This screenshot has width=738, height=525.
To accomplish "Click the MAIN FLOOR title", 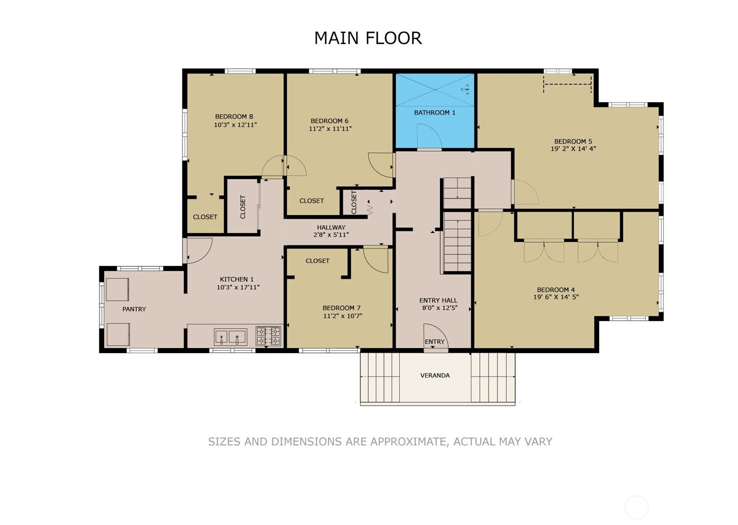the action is click(x=368, y=38).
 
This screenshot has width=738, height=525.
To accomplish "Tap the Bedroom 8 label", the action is click(x=234, y=117).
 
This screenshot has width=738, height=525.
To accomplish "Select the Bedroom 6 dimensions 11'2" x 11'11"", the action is click(x=330, y=129).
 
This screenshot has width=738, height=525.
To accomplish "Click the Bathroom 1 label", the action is click(x=434, y=112).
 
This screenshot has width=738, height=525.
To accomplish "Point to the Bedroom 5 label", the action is click(x=573, y=141).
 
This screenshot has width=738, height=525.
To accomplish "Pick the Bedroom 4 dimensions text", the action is click(x=556, y=296).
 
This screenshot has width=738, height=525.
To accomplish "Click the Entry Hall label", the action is click(x=438, y=300).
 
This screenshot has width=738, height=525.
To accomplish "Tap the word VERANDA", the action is click(x=435, y=375).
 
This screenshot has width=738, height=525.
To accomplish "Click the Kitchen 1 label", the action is click(x=237, y=279).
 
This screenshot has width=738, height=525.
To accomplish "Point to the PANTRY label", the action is click(x=134, y=309).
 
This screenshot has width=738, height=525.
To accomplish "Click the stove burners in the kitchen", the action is click(x=269, y=336).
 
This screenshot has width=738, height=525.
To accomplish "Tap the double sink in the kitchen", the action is click(x=230, y=337).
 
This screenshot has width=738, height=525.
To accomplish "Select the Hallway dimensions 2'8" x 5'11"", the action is click(x=331, y=235).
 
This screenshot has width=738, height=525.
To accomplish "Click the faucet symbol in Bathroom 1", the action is click(x=465, y=89).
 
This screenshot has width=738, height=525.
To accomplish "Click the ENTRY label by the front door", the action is click(x=434, y=341).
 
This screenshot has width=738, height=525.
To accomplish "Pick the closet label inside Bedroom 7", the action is click(x=318, y=260).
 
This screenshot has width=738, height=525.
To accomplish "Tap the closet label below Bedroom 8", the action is click(x=205, y=217).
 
